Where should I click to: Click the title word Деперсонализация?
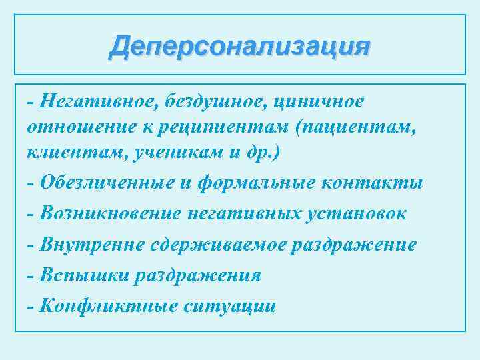[x=240, y=47]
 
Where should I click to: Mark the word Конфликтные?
[x=99, y=305]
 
